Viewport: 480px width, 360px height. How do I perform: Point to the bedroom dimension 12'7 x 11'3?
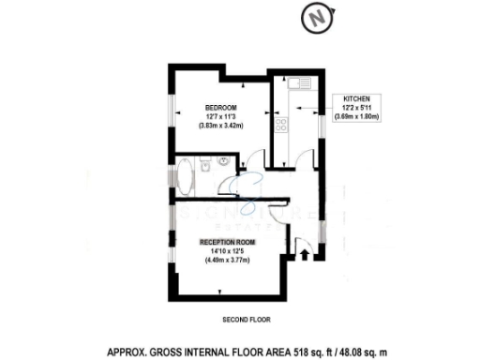pyautogui.click(x=220, y=114)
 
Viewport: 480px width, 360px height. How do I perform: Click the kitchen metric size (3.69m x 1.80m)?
pyautogui.click(x=359, y=116)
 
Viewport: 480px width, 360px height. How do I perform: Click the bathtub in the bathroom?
pyautogui.click(x=185, y=175)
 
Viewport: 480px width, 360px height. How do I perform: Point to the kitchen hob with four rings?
pyautogui.click(x=278, y=124)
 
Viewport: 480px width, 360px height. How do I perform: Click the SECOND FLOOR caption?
pyautogui.click(x=246, y=320)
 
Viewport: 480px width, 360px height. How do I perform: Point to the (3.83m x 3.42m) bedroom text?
pyautogui.click(x=220, y=125)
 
